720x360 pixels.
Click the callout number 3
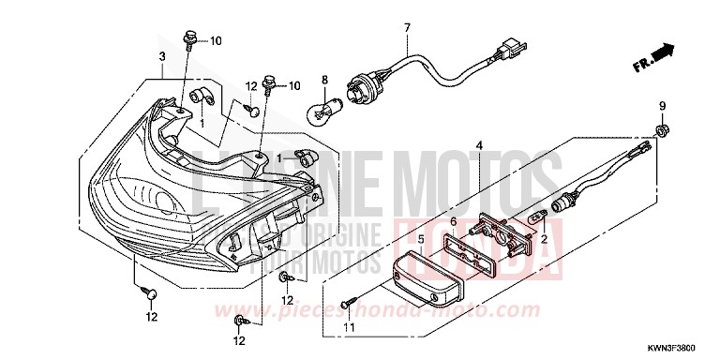[162, 56]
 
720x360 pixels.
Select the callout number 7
[407, 28]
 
